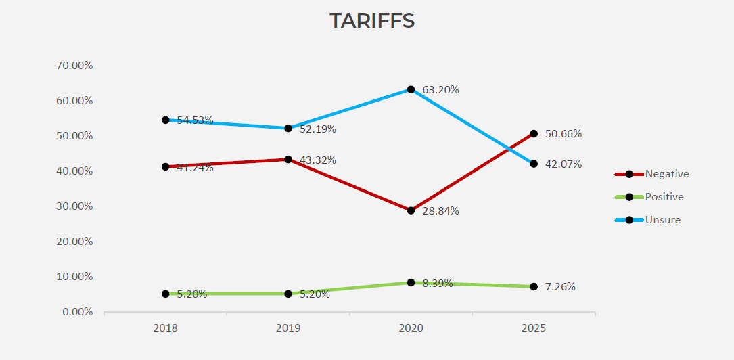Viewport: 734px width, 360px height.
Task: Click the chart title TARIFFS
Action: click(x=372, y=21)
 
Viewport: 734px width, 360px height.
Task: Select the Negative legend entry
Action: click(x=666, y=174)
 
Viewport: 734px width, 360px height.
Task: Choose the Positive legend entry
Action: click(x=664, y=197)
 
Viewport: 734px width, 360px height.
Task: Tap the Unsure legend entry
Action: click(x=662, y=220)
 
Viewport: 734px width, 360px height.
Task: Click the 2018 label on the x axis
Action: click(x=166, y=328)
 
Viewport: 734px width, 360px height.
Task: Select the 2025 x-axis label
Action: click(x=534, y=328)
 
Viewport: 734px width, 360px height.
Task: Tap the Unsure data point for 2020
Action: click(x=411, y=89)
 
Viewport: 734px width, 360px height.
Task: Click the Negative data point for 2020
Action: click(x=411, y=210)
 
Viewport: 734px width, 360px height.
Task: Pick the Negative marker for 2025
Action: click(x=534, y=133)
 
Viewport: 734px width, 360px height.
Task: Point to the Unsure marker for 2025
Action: click(x=534, y=164)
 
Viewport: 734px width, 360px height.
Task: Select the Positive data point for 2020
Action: click(x=411, y=282)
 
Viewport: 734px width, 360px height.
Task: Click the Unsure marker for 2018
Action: click(x=166, y=120)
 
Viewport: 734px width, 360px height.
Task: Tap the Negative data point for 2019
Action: click(x=288, y=160)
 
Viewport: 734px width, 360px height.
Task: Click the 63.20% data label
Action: click(x=440, y=89)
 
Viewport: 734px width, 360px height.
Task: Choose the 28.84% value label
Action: click(x=440, y=210)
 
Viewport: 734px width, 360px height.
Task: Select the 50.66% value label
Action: click(x=564, y=133)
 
